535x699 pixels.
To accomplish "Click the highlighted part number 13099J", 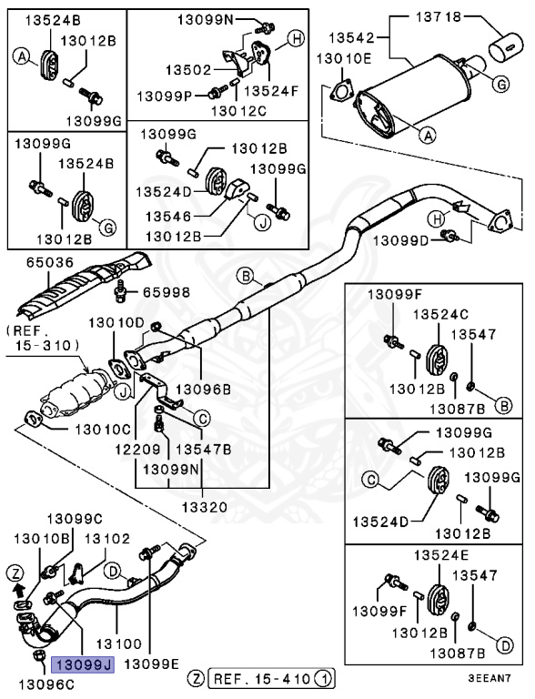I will pyautogui.click(x=82, y=665).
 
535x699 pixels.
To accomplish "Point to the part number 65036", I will pyautogui.click(x=38, y=262).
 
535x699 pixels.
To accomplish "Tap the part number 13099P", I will pyautogui.click(x=165, y=96).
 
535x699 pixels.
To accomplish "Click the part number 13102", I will pyautogui.click(x=108, y=539).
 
